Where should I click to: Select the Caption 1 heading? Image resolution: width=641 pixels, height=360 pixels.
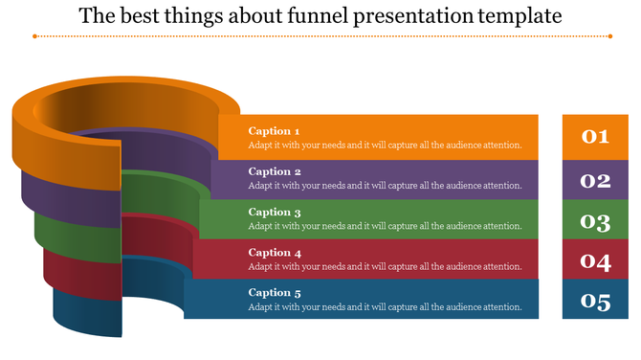(275, 131)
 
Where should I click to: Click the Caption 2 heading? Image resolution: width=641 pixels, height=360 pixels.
(275, 171)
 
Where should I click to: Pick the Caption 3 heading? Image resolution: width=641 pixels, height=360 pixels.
(275, 212)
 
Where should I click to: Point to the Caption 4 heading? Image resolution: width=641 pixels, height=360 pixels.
(275, 253)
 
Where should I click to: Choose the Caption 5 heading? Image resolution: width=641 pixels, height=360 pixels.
(275, 293)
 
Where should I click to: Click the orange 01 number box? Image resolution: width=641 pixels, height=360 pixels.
(595, 137)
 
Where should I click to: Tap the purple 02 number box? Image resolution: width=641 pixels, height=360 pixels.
(595, 180)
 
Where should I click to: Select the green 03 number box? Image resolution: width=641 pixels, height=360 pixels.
(595, 221)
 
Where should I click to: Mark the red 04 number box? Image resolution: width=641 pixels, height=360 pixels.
(595, 260)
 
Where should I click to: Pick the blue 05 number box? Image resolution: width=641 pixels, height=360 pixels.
(595, 302)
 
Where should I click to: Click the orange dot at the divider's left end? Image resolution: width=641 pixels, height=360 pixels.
(34, 36)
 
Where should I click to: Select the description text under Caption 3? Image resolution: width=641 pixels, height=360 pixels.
(385, 226)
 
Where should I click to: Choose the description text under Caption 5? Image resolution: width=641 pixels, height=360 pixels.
(385, 307)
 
